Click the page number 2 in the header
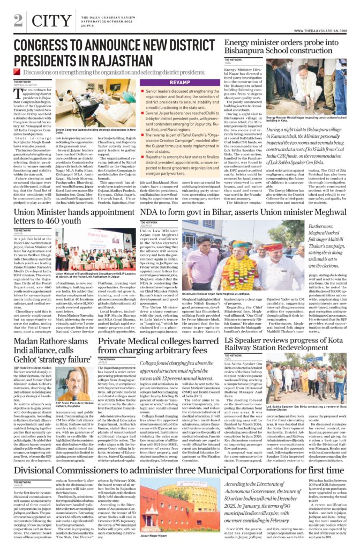pos(18,20)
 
